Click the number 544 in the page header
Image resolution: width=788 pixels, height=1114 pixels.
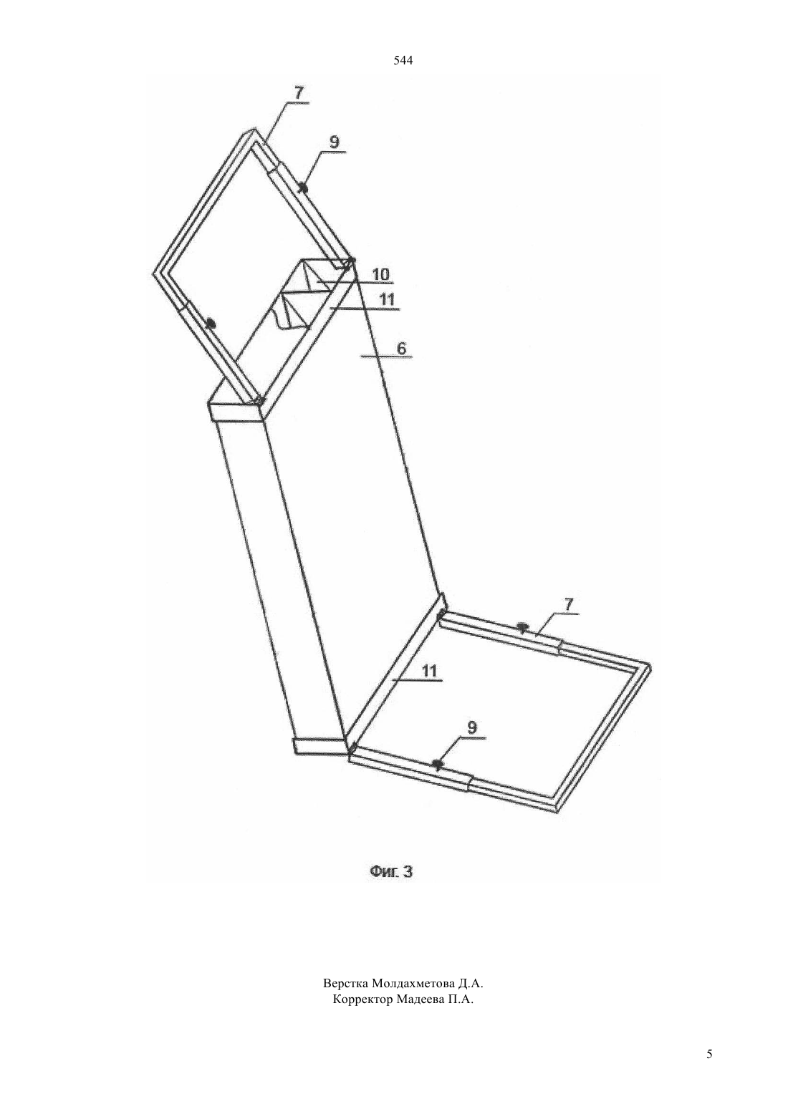tap(403, 61)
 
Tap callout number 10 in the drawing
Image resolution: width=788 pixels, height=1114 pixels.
tap(380, 274)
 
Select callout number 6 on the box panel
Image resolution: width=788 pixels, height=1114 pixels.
tap(401, 348)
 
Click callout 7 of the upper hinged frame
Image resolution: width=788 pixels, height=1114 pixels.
tap(298, 93)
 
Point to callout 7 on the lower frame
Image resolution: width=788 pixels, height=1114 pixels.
tap(569, 604)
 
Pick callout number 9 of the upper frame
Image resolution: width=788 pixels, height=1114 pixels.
tap(335, 142)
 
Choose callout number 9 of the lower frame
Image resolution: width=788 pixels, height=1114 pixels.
tap(471, 727)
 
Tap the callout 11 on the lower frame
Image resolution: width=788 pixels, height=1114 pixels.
tap(428, 671)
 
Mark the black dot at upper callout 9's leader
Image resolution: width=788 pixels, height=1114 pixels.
tap(302, 188)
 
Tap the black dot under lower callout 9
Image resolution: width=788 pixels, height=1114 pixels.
tap(437, 763)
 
